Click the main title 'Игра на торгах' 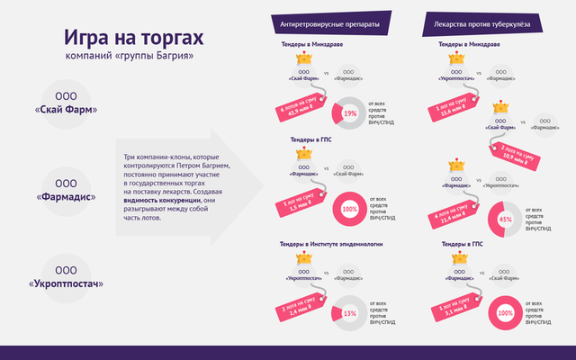tap(134, 39)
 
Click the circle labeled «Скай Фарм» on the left tap(66, 103)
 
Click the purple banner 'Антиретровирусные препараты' tap(330, 23)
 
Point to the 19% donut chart tap(350, 113)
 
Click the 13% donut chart tap(350, 313)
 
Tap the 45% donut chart tap(505, 219)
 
